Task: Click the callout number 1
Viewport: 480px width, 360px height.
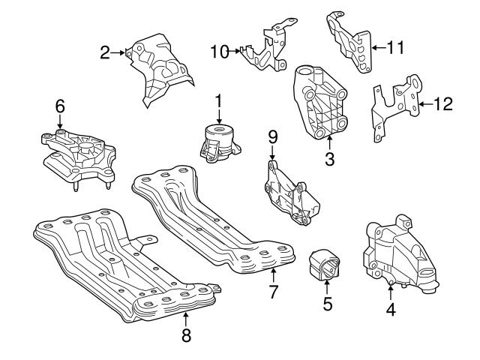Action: pyautogui.click(x=218, y=100)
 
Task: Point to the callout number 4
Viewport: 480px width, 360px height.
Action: pyautogui.click(x=390, y=307)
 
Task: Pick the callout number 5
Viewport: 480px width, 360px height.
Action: pyautogui.click(x=327, y=304)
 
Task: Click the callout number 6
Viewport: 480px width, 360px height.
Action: pyautogui.click(x=59, y=107)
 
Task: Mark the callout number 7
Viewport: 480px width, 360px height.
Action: pyautogui.click(x=274, y=289)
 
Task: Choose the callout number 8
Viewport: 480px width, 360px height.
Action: pyautogui.click(x=186, y=335)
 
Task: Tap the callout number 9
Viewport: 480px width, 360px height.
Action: pyautogui.click(x=273, y=136)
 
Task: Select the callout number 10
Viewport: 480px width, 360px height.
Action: pyautogui.click(x=219, y=52)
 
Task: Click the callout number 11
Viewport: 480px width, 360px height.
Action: pyautogui.click(x=395, y=47)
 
